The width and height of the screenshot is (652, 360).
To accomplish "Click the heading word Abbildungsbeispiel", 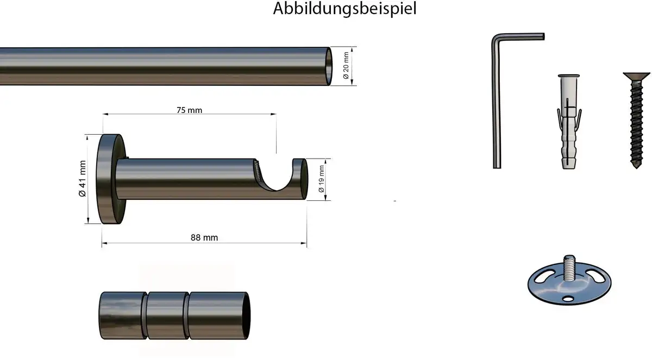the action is (x=344, y=9).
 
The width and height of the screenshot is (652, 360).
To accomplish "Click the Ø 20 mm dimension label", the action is (x=346, y=65).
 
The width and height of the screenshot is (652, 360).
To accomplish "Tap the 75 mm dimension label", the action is (x=189, y=110).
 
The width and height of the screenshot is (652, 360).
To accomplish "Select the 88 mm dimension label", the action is (x=204, y=238).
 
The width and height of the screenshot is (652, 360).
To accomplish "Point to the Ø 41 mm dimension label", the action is (x=83, y=179).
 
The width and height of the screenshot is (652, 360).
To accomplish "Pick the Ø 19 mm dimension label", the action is (x=321, y=179).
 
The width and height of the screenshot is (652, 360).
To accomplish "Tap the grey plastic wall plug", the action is (x=569, y=122).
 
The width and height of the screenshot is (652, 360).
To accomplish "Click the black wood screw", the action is (x=636, y=120).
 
